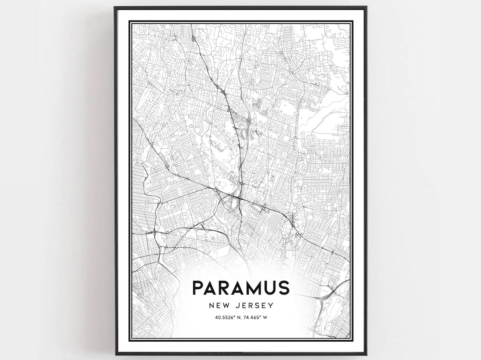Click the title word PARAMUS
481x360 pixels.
[241, 288]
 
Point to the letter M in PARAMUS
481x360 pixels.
[255, 288]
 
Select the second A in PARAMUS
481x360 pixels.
[241, 288]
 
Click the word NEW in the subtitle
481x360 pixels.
[218, 306]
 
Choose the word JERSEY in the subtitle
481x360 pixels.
[255, 306]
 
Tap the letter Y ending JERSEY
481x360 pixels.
[271, 306]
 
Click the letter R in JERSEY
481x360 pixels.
[252, 306]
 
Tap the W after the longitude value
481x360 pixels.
[265, 317]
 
